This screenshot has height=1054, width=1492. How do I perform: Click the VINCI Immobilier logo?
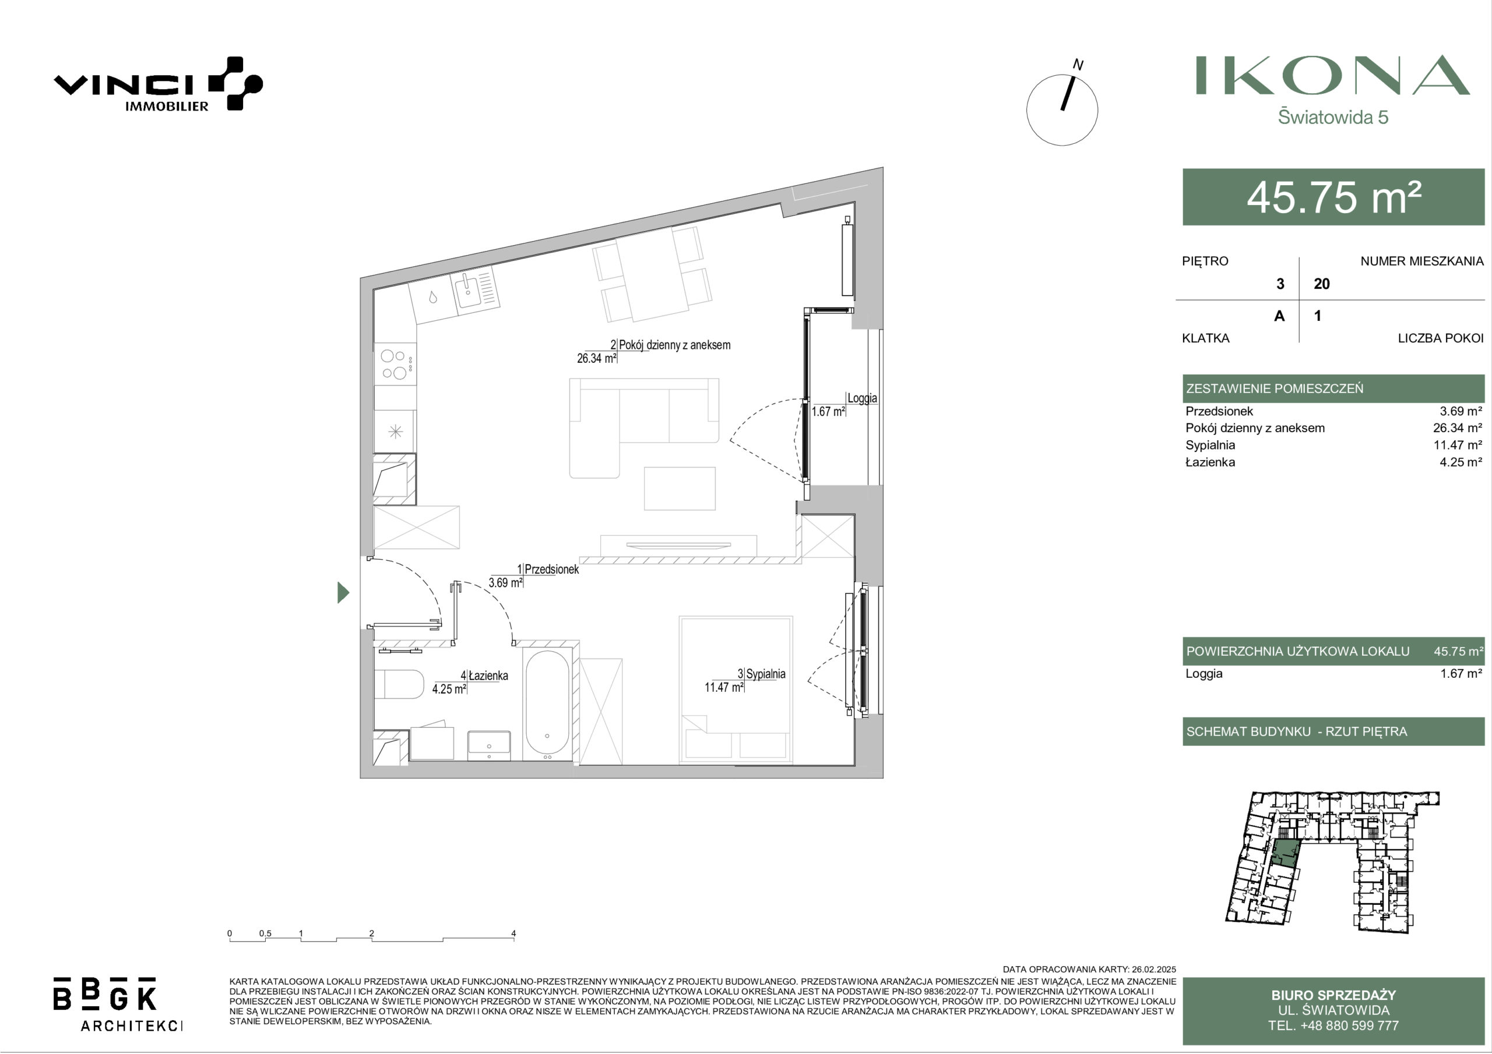click(x=158, y=84)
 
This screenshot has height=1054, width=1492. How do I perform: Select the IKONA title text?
click(x=1333, y=75)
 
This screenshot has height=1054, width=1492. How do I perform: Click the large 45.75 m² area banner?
click(x=1333, y=197)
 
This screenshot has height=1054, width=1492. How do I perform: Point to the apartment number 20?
click(x=1322, y=284)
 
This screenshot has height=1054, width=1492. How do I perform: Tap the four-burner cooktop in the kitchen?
click(x=395, y=365)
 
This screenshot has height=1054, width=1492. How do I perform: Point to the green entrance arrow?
click(x=343, y=592)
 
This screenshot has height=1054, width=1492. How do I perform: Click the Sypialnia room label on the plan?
click(x=765, y=674)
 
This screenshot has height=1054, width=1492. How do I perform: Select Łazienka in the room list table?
click(x=1209, y=462)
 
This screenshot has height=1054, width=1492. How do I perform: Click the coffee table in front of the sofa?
click(x=680, y=489)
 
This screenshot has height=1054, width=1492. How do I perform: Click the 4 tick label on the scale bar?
click(x=513, y=933)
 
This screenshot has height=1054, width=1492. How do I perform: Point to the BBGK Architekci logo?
click(x=118, y=1003)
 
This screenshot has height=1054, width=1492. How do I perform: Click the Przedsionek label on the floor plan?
click(x=552, y=569)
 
